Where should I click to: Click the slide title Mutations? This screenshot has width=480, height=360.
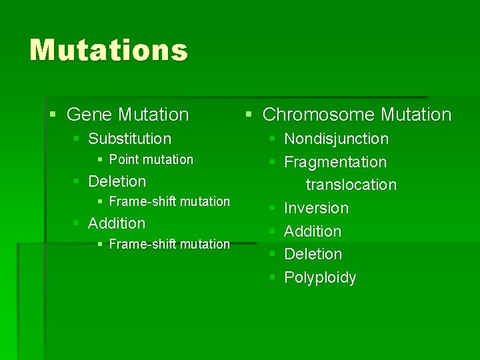point(109,51)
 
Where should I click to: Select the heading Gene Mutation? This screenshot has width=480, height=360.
point(127,115)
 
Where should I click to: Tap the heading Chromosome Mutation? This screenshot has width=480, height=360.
point(357,115)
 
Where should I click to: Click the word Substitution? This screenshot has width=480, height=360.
point(129,139)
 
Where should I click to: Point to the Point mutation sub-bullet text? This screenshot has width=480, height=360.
point(151,159)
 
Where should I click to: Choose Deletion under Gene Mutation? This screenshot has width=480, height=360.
point(117,181)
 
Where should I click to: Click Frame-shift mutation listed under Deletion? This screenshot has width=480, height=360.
point(169,201)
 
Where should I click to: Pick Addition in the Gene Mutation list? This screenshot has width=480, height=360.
point(116,223)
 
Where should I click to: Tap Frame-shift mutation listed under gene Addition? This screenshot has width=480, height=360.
point(169,244)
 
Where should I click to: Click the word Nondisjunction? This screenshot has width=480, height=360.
point(336,139)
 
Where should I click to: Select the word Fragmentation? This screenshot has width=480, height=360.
point(335,162)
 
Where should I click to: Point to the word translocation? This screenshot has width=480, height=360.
point(351,185)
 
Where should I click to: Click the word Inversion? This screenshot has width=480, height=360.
point(316,208)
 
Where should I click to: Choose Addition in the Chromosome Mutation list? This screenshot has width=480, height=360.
point(313,231)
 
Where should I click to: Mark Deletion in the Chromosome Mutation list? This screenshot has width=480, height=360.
point(313,254)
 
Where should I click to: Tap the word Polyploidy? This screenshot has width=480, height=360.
point(320,277)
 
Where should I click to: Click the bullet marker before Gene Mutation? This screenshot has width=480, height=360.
point(53,115)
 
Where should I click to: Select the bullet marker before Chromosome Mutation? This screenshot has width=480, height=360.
point(249,115)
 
